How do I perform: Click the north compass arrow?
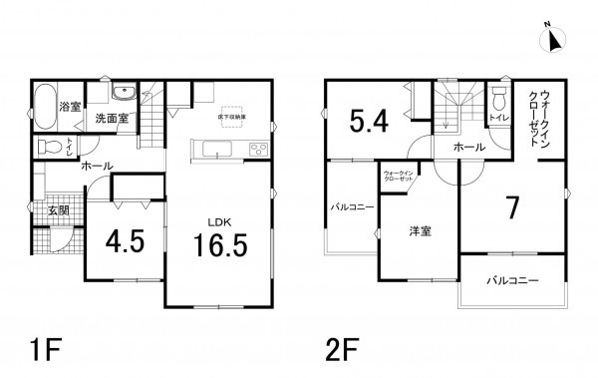pyautogui.click(x=554, y=40)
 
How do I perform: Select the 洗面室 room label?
pyautogui.click(x=111, y=119)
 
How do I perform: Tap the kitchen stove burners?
pyautogui.click(x=257, y=150)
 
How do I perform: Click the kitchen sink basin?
pyautogui.click(x=216, y=151)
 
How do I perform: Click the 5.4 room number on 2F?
pyautogui.click(x=368, y=122)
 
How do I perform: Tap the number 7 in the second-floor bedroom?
pyautogui.click(x=511, y=207)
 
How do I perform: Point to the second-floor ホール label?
pyautogui.click(x=469, y=148)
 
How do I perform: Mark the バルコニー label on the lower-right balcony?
pyautogui.click(x=512, y=279)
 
